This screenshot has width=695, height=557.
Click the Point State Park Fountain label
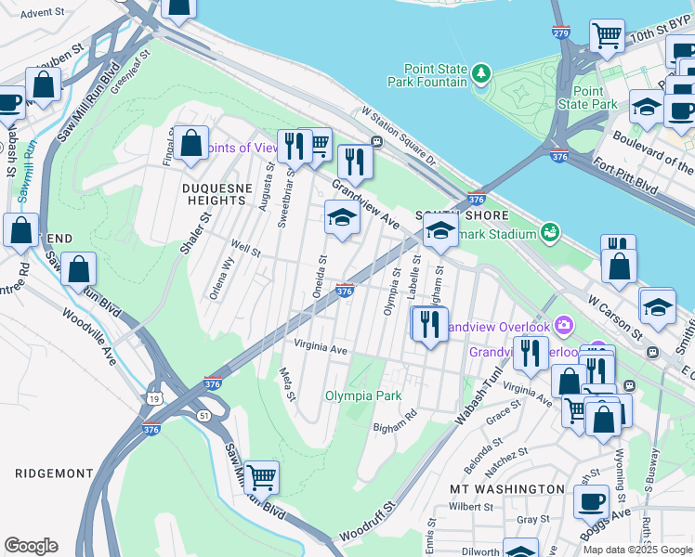click(x=435, y=75)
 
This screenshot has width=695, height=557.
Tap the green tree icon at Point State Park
click(x=480, y=73)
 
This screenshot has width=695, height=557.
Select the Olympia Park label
click(x=363, y=395)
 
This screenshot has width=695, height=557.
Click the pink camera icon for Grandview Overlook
click(x=563, y=325)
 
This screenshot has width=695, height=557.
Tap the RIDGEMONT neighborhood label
click(x=54, y=473)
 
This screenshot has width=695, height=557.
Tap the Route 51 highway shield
click(x=203, y=415)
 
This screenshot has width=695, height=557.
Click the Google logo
click(x=31, y=546)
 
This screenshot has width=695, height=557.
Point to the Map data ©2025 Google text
click(x=637, y=549)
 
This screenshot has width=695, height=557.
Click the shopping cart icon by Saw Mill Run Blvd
click(x=261, y=476)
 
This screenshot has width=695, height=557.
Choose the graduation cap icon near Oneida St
click(x=342, y=219)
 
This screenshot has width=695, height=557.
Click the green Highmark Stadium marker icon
click(x=550, y=230)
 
